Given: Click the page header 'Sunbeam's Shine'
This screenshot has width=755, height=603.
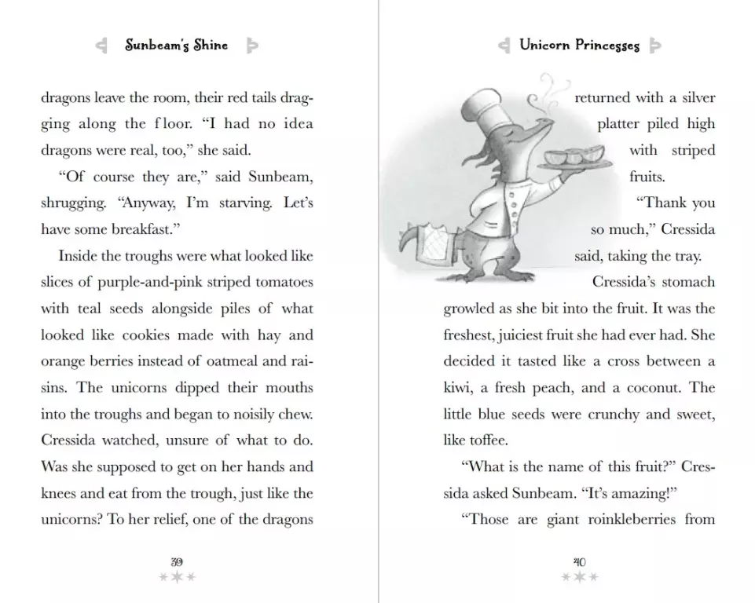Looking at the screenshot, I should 178,46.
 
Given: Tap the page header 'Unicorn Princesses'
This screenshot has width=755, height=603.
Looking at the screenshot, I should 579,46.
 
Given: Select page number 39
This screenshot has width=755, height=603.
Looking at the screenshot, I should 177,561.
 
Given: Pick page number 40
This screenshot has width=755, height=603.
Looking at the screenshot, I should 579,561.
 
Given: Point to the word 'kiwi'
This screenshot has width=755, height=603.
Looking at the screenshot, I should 459,388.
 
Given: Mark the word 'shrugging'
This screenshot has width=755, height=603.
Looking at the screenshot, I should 72,203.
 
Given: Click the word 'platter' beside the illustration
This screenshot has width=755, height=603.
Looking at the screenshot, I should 621,124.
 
